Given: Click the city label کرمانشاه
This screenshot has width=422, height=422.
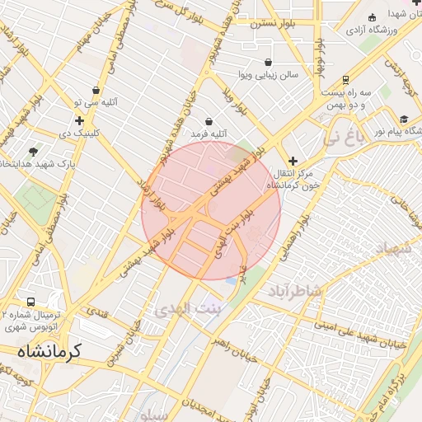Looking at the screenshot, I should tap(49, 351).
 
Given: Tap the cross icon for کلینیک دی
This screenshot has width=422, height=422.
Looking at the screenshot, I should tap(79, 121).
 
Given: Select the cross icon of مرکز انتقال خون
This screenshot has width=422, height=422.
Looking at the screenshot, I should tap(293, 160).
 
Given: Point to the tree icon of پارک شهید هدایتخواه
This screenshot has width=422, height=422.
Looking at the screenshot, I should tap(33, 152).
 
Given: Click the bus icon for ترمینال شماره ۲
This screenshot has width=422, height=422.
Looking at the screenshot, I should tap(31, 302).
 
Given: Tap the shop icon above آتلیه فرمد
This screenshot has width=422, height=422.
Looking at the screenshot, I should tap(209, 121).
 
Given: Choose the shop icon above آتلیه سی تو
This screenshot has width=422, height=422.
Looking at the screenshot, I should tap(96, 91).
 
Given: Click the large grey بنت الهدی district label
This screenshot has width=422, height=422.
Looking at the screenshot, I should tap(188, 308).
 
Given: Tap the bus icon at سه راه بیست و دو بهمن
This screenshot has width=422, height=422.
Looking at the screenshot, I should tap(345, 80).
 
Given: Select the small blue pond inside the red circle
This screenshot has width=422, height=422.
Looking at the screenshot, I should tap(231, 280).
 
